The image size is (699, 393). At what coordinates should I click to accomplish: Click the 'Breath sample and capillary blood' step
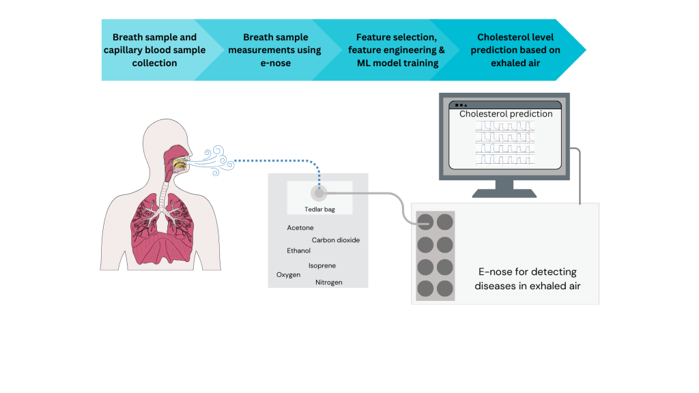(x=154, y=50)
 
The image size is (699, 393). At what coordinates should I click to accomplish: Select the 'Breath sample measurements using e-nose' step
(x=275, y=50)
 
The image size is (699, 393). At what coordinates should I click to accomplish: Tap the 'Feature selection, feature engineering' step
(x=396, y=50)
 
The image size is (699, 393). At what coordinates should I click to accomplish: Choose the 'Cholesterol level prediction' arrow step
(x=515, y=50)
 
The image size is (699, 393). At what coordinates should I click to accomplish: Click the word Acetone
(x=300, y=228)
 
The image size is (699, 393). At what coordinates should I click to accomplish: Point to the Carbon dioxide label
(x=335, y=240)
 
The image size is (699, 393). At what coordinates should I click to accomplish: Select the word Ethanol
(x=298, y=251)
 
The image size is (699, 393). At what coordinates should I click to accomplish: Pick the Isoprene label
(x=322, y=265)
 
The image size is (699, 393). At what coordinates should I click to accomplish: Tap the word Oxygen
(x=288, y=274)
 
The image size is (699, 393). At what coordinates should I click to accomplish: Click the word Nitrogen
(x=329, y=282)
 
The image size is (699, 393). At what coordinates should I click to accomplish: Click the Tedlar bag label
(x=319, y=209)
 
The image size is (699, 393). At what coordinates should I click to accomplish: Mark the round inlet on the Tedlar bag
(x=319, y=193)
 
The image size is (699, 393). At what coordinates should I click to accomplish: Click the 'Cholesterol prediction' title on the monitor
(x=506, y=114)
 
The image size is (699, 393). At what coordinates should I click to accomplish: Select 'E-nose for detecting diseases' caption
(x=528, y=278)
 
